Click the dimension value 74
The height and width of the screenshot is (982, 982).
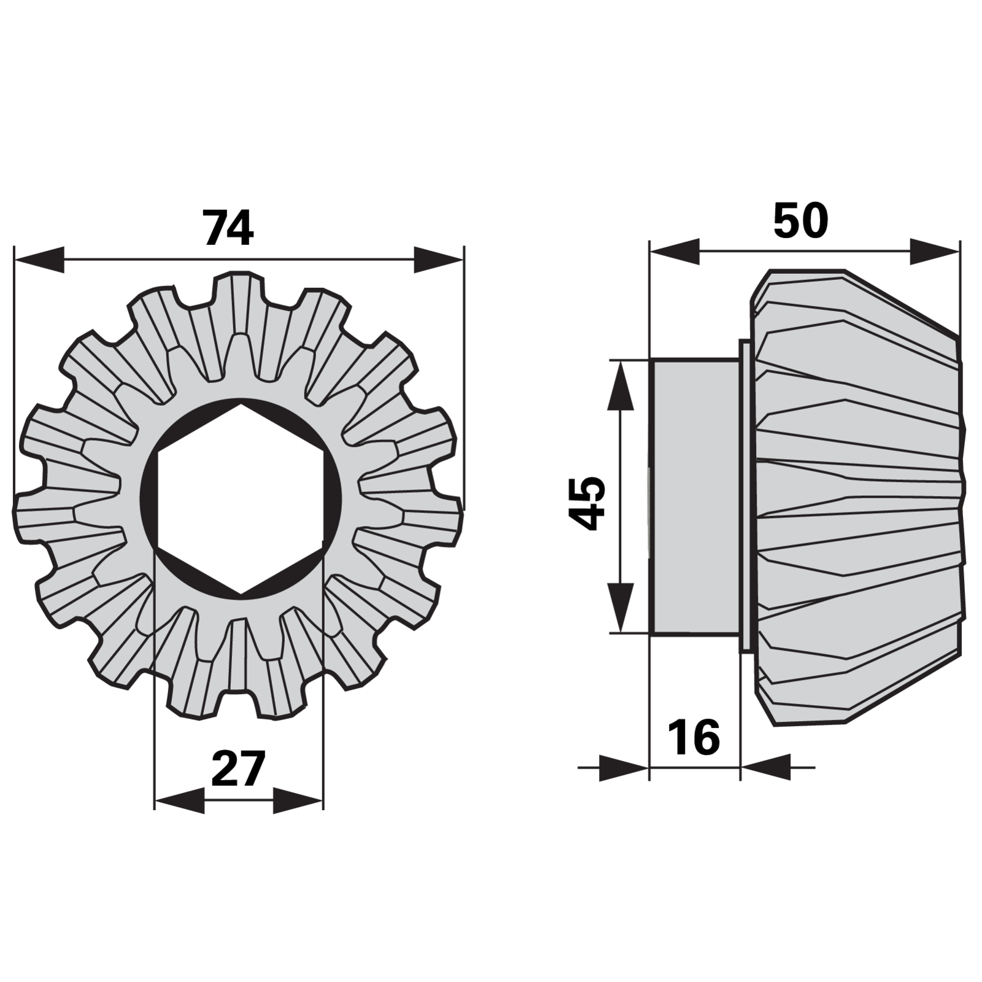(x=228, y=228)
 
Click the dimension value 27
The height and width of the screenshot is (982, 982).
(x=238, y=768)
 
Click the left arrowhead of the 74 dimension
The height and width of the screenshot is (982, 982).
(x=39, y=260)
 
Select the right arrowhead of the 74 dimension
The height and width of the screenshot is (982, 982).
(x=439, y=260)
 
